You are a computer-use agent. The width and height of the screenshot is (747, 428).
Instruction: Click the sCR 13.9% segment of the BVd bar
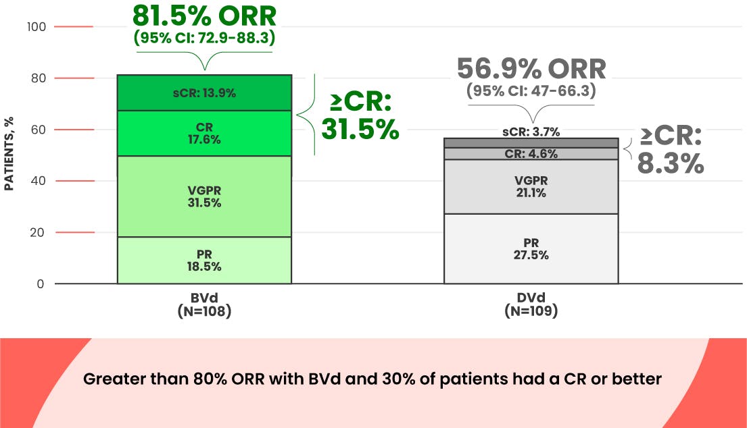[x=204, y=93]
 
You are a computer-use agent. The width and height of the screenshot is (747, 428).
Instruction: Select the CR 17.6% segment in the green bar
[x=204, y=134]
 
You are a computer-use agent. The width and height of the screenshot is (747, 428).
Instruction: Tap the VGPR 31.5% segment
[x=204, y=196]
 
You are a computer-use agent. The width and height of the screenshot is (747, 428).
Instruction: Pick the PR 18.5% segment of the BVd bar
[x=204, y=261]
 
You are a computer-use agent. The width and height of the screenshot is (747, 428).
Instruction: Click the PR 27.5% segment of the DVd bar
[x=531, y=249]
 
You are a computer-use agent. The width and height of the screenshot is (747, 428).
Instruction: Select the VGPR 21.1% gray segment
[x=531, y=187]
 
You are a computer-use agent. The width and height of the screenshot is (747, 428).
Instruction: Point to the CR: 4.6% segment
[x=531, y=154]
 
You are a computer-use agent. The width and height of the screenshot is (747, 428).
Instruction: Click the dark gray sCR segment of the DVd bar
[x=531, y=142]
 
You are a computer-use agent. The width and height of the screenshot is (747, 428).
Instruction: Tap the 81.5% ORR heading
[x=204, y=16]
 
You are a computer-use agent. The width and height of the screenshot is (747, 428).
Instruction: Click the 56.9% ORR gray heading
[x=531, y=70]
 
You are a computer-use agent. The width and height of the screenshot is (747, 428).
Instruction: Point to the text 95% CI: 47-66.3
[x=531, y=91]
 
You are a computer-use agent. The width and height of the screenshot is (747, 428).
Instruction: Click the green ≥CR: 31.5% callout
[x=360, y=116]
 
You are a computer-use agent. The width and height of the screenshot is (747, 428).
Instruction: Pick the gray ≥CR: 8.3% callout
[x=671, y=150]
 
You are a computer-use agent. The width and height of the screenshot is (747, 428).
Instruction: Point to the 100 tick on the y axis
[x=37, y=27]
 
